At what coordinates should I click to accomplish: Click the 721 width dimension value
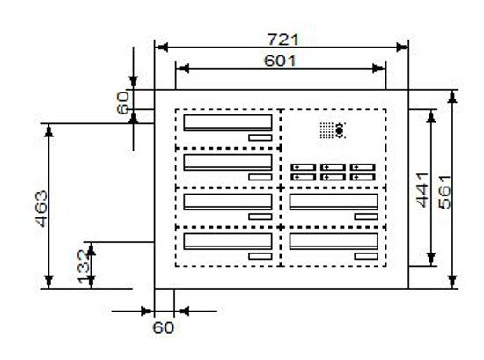coord(283,40)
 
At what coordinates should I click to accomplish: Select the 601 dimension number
coord(280,61)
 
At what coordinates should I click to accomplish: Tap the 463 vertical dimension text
coord(41,209)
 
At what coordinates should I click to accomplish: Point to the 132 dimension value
coord(84,267)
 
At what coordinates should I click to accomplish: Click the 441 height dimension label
coord(422,190)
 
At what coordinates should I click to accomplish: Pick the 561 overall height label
coord(444,192)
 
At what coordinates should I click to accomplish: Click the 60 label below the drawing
coord(164,327)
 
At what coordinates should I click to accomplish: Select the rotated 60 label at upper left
coord(123,102)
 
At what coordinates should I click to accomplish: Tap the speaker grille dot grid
coord(326,130)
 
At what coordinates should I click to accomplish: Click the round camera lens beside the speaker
coord(340,131)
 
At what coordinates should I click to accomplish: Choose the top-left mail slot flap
coord(228,123)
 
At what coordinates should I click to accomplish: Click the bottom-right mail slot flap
coord(334,241)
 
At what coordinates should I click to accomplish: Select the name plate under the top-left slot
coord(260,137)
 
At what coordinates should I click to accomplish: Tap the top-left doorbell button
coord(304,167)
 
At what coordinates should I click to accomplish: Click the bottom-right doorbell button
coord(363,177)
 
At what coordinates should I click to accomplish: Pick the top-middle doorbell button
coord(333,167)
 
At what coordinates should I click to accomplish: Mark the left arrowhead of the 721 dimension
coord(161,48)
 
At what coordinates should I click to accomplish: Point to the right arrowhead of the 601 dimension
coord(379,69)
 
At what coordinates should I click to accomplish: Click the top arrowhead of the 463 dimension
coord(48,130)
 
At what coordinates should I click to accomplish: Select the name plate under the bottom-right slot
coord(366,256)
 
